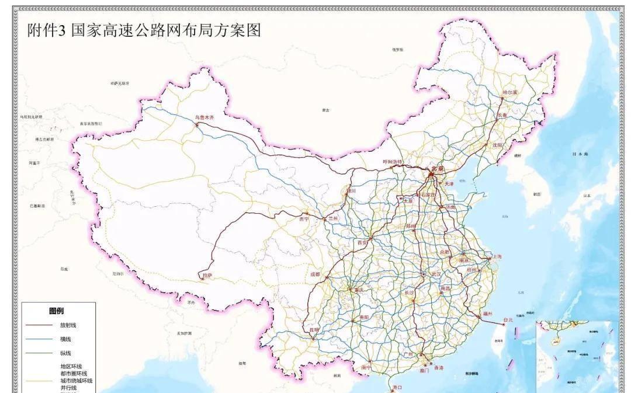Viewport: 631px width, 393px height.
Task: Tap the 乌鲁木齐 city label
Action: (x=204, y=117)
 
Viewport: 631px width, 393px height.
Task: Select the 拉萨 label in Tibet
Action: (x=207, y=274)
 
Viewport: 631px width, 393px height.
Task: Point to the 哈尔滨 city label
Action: (x=510, y=93)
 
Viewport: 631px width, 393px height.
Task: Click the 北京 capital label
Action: (x=437, y=169)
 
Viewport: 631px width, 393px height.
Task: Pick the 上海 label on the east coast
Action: (x=496, y=256)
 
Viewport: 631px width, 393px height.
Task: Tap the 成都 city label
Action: (x=315, y=274)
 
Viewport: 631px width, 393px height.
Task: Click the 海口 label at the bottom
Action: (x=397, y=387)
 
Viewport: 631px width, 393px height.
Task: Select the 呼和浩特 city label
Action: (x=393, y=162)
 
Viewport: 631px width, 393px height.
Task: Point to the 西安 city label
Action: (x=362, y=241)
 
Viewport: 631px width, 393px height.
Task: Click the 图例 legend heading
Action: (x=57, y=311)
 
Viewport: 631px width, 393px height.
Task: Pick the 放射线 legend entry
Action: (x=68, y=325)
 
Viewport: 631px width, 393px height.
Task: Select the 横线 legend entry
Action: (x=65, y=339)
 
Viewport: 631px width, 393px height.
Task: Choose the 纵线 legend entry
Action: (x=65, y=353)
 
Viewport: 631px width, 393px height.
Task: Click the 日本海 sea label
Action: (x=580, y=154)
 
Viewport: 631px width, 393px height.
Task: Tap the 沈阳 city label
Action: (x=497, y=145)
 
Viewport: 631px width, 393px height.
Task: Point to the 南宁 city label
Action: (x=367, y=368)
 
